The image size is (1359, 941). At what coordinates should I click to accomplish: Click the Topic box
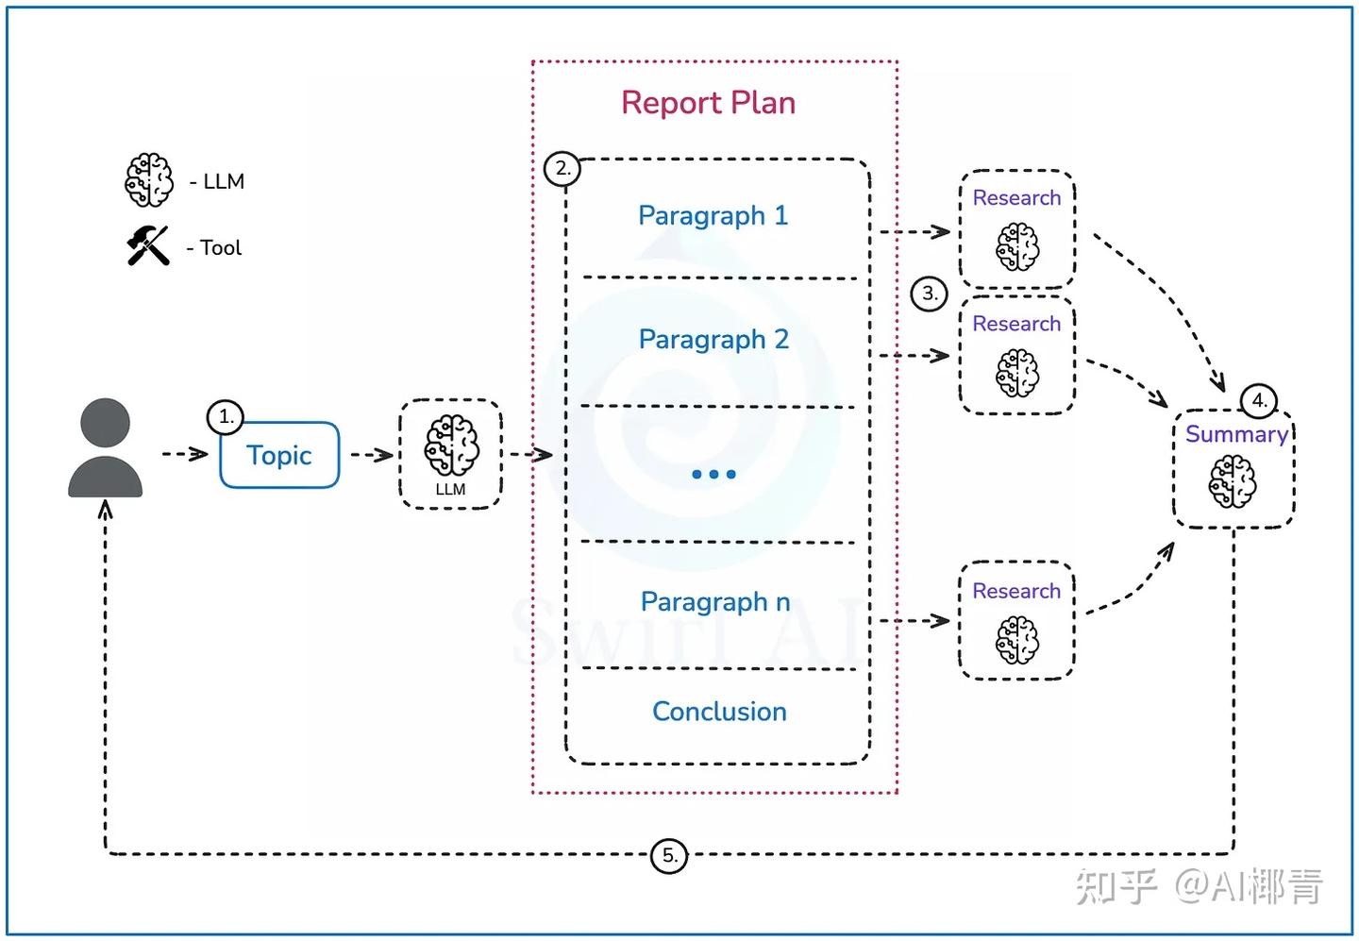(x=279, y=455)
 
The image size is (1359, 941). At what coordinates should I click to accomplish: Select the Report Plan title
(x=708, y=103)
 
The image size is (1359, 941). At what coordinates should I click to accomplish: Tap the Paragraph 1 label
(x=713, y=216)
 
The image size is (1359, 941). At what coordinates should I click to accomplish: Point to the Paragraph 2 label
(x=713, y=340)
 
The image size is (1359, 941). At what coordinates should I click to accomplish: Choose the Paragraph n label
(x=715, y=602)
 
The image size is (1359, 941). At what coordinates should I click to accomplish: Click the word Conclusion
(x=719, y=712)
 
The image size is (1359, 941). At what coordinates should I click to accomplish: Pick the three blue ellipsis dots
(x=713, y=474)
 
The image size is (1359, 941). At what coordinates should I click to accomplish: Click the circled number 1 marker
(x=226, y=416)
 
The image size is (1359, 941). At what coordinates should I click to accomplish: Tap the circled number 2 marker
(x=562, y=169)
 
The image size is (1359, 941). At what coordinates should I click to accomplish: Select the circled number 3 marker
(x=930, y=294)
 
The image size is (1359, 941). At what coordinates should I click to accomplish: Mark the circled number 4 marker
(x=1259, y=400)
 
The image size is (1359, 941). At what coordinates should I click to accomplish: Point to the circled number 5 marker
(x=669, y=856)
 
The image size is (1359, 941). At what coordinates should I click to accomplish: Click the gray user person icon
(x=106, y=448)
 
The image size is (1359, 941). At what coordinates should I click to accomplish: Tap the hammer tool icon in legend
(x=148, y=246)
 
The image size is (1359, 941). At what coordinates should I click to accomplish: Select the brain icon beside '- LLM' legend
(x=149, y=180)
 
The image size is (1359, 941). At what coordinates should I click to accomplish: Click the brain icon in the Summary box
(x=1233, y=481)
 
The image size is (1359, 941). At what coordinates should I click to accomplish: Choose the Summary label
(x=1236, y=434)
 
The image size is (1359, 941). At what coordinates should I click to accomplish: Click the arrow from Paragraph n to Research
(x=914, y=621)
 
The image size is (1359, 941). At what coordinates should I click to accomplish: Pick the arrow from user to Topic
(x=185, y=454)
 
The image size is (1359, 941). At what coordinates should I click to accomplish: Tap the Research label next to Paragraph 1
(x=1016, y=198)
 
